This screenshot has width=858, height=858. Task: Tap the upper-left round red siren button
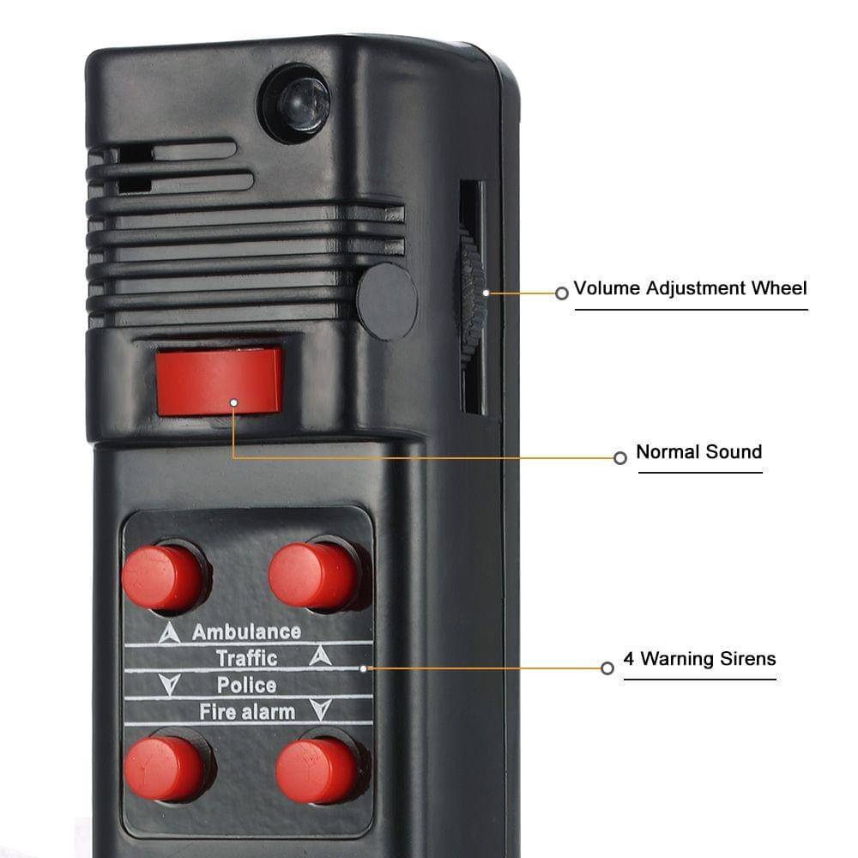(163, 576)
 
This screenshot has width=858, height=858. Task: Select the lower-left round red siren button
(165, 767)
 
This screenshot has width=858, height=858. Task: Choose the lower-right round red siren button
(317, 769)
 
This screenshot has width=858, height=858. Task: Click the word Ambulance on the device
(245, 632)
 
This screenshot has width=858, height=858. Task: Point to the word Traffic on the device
(246, 658)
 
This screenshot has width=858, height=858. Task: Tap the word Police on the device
(246, 685)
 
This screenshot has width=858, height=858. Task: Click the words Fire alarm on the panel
(247, 711)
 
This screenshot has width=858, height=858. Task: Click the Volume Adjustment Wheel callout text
(690, 288)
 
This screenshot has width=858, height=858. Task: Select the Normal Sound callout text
(698, 452)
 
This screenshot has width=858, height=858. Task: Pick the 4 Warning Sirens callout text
(699, 659)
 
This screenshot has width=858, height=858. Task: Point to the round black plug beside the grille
(387, 301)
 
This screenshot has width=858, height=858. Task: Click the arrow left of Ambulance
(170, 634)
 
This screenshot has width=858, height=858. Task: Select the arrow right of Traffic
(319, 656)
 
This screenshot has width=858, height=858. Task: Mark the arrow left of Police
(170, 685)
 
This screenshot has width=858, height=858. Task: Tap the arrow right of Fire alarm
(320, 710)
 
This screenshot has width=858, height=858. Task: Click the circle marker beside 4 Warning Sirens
(607, 668)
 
